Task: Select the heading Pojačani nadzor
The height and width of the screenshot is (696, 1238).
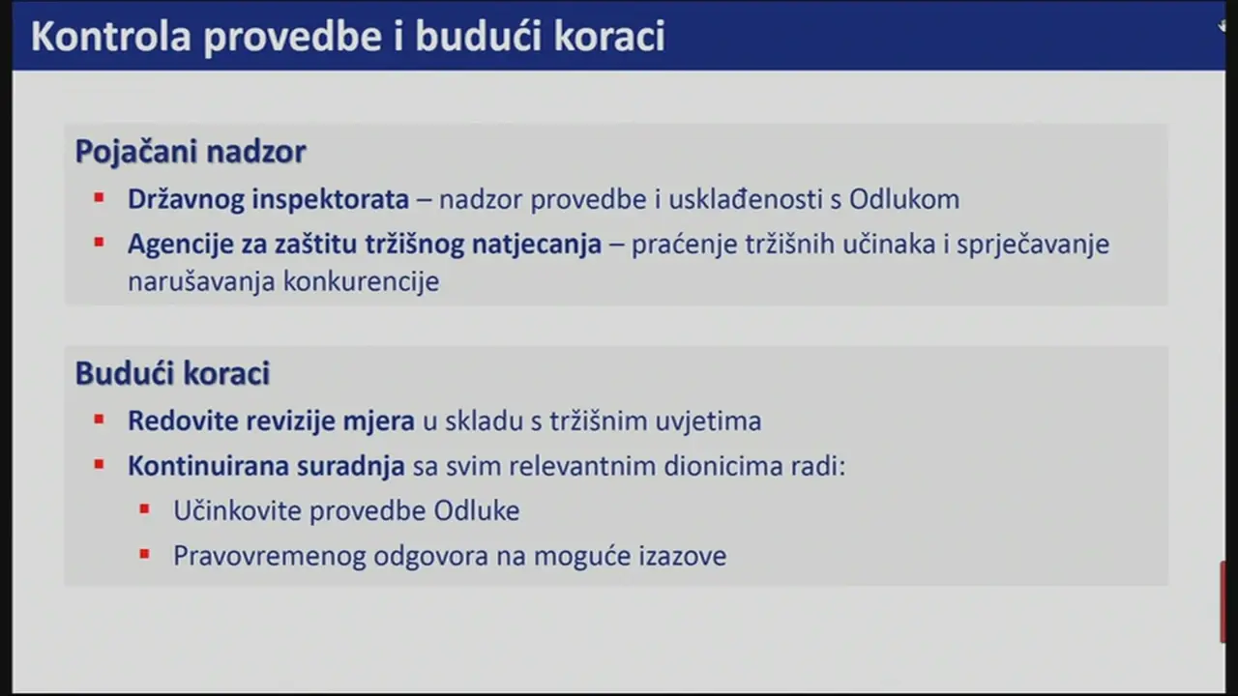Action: pyautogui.click(x=191, y=152)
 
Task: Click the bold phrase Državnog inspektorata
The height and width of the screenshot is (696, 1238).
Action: pyautogui.click(x=268, y=199)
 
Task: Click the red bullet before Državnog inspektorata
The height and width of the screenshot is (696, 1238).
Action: pyautogui.click(x=99, y=198)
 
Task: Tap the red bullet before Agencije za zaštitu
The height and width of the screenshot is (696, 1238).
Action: pyautogui.click(x=99, y=243)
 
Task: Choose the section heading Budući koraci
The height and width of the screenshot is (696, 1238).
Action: pyautogui.click(x=172, y=374)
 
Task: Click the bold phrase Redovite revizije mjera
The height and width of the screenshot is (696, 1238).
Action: pyautogui.click(x=271, y=421)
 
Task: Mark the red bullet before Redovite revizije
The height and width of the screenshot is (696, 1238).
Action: pyautogui.click(x=99, y=420)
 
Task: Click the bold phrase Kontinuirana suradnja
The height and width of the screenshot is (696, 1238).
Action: pyautogui.click(x=266, y=466)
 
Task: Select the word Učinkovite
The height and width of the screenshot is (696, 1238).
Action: pyautogui.click(x=236, y=510)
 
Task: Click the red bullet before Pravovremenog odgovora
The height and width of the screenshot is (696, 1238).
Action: pyautogui.click(x=144, y=554)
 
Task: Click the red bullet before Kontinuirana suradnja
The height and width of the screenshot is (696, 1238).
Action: pyautogui.click(x=99, y=464)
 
